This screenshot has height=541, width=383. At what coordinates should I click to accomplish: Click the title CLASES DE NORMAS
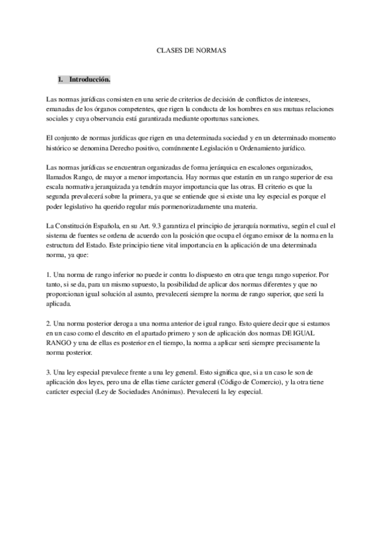pos(191,49)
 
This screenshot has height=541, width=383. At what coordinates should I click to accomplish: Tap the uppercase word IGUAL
pos(317,334)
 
